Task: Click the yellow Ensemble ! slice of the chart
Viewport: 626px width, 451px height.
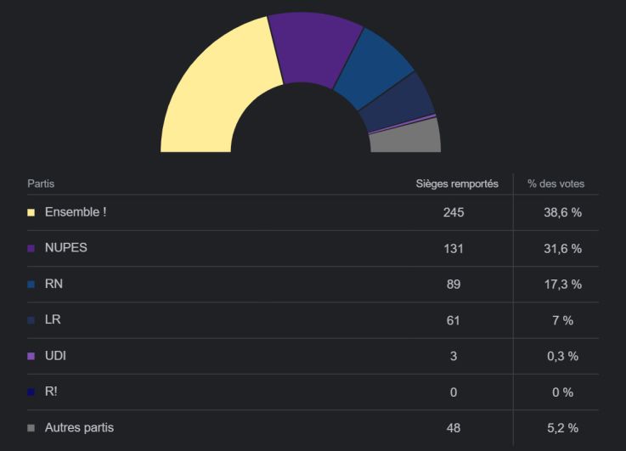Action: (212, 93)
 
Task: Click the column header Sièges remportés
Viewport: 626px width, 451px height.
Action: (457, 183)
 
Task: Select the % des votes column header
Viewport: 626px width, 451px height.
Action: (556, 183)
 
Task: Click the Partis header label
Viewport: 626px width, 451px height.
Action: (41, 183)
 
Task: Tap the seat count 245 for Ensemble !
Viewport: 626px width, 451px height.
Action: (454, 212)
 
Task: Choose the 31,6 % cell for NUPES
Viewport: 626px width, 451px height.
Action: (562, 248)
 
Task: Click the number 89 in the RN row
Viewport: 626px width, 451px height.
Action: (454, 285)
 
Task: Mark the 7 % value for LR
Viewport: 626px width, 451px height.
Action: (562, 320)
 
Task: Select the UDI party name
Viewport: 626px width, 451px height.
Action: (55, 356)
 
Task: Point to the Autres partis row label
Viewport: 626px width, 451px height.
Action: (79, 427)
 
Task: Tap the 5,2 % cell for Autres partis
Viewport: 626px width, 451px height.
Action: (562, 428)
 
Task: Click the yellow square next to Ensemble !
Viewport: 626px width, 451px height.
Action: (31, 212)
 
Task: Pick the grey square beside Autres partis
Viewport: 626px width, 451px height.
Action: (31, 428)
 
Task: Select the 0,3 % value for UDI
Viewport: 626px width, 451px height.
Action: (562, 356)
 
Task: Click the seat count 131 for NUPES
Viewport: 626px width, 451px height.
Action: (454, 248)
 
